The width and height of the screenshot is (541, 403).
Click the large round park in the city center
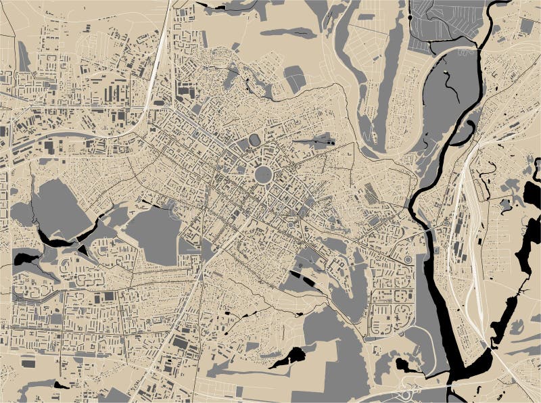[x=263, y=174]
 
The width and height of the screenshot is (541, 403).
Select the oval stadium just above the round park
[x=255, y=140]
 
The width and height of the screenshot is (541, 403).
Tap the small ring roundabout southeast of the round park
[x=291, y=224]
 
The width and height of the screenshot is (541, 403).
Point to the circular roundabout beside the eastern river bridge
[x=408, y=260]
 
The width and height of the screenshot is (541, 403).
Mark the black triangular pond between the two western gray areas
[x=83, y=250]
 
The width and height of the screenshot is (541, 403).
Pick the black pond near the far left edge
[x=21, y=257]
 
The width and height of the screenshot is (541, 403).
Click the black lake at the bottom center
[x=289, y=358]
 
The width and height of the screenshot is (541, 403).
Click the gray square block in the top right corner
[x=527, y=26]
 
